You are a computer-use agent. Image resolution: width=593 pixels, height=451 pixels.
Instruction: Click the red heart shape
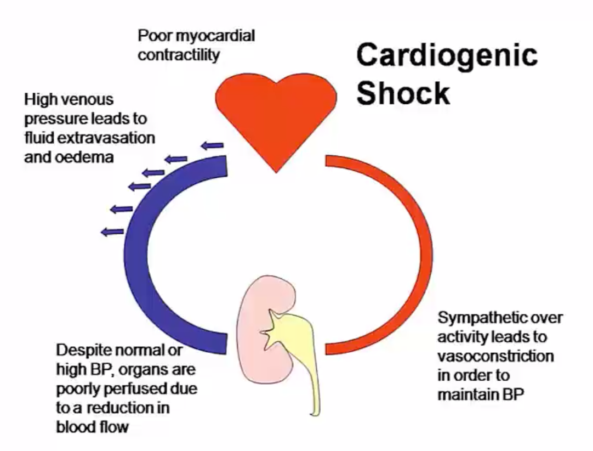click(275, 115)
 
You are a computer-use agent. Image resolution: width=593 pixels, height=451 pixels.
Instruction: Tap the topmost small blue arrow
click(212, 145)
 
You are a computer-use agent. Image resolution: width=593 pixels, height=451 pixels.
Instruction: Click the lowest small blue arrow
click(113, 232)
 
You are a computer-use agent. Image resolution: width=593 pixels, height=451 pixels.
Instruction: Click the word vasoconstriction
click(495, 356)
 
